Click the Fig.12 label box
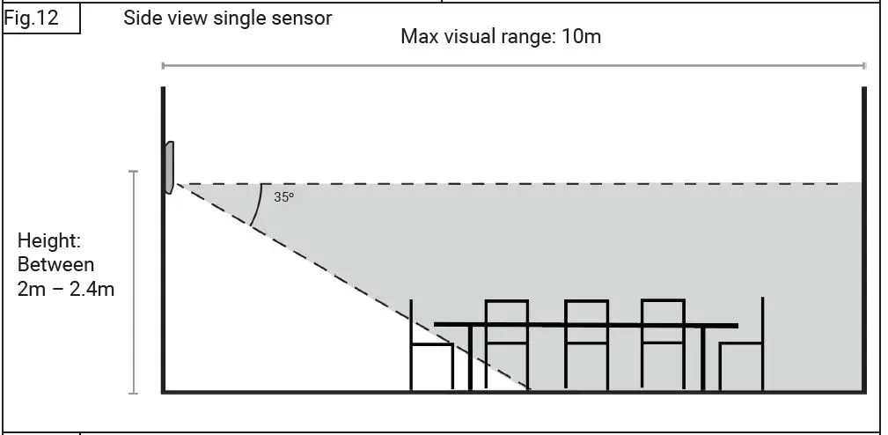[x=41, y=18]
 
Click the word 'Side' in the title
[x=143, y=18]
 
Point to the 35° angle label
[x=283, y=197]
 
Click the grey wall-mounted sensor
[x=167, y=167]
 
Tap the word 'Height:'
[x=49, y=241]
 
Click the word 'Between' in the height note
[x=55, y=264]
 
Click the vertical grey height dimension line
[x=134, y=282]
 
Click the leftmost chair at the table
[x=431, y=357]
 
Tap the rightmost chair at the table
[x=744, y=357]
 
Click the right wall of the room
[x=863, y=238]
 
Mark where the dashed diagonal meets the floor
[x=531, y=389]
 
